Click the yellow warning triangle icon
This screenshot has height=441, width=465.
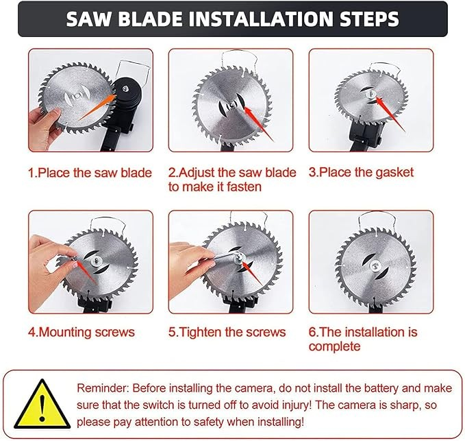point(42,403)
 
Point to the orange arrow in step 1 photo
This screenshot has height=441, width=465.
point(97,107)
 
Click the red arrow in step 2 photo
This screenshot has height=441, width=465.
point(259,124)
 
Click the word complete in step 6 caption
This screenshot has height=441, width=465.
point(334,346)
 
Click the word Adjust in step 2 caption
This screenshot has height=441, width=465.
point(196,173)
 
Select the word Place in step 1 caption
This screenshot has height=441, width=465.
point(54,173)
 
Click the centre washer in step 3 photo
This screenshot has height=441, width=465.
point(370,95)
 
